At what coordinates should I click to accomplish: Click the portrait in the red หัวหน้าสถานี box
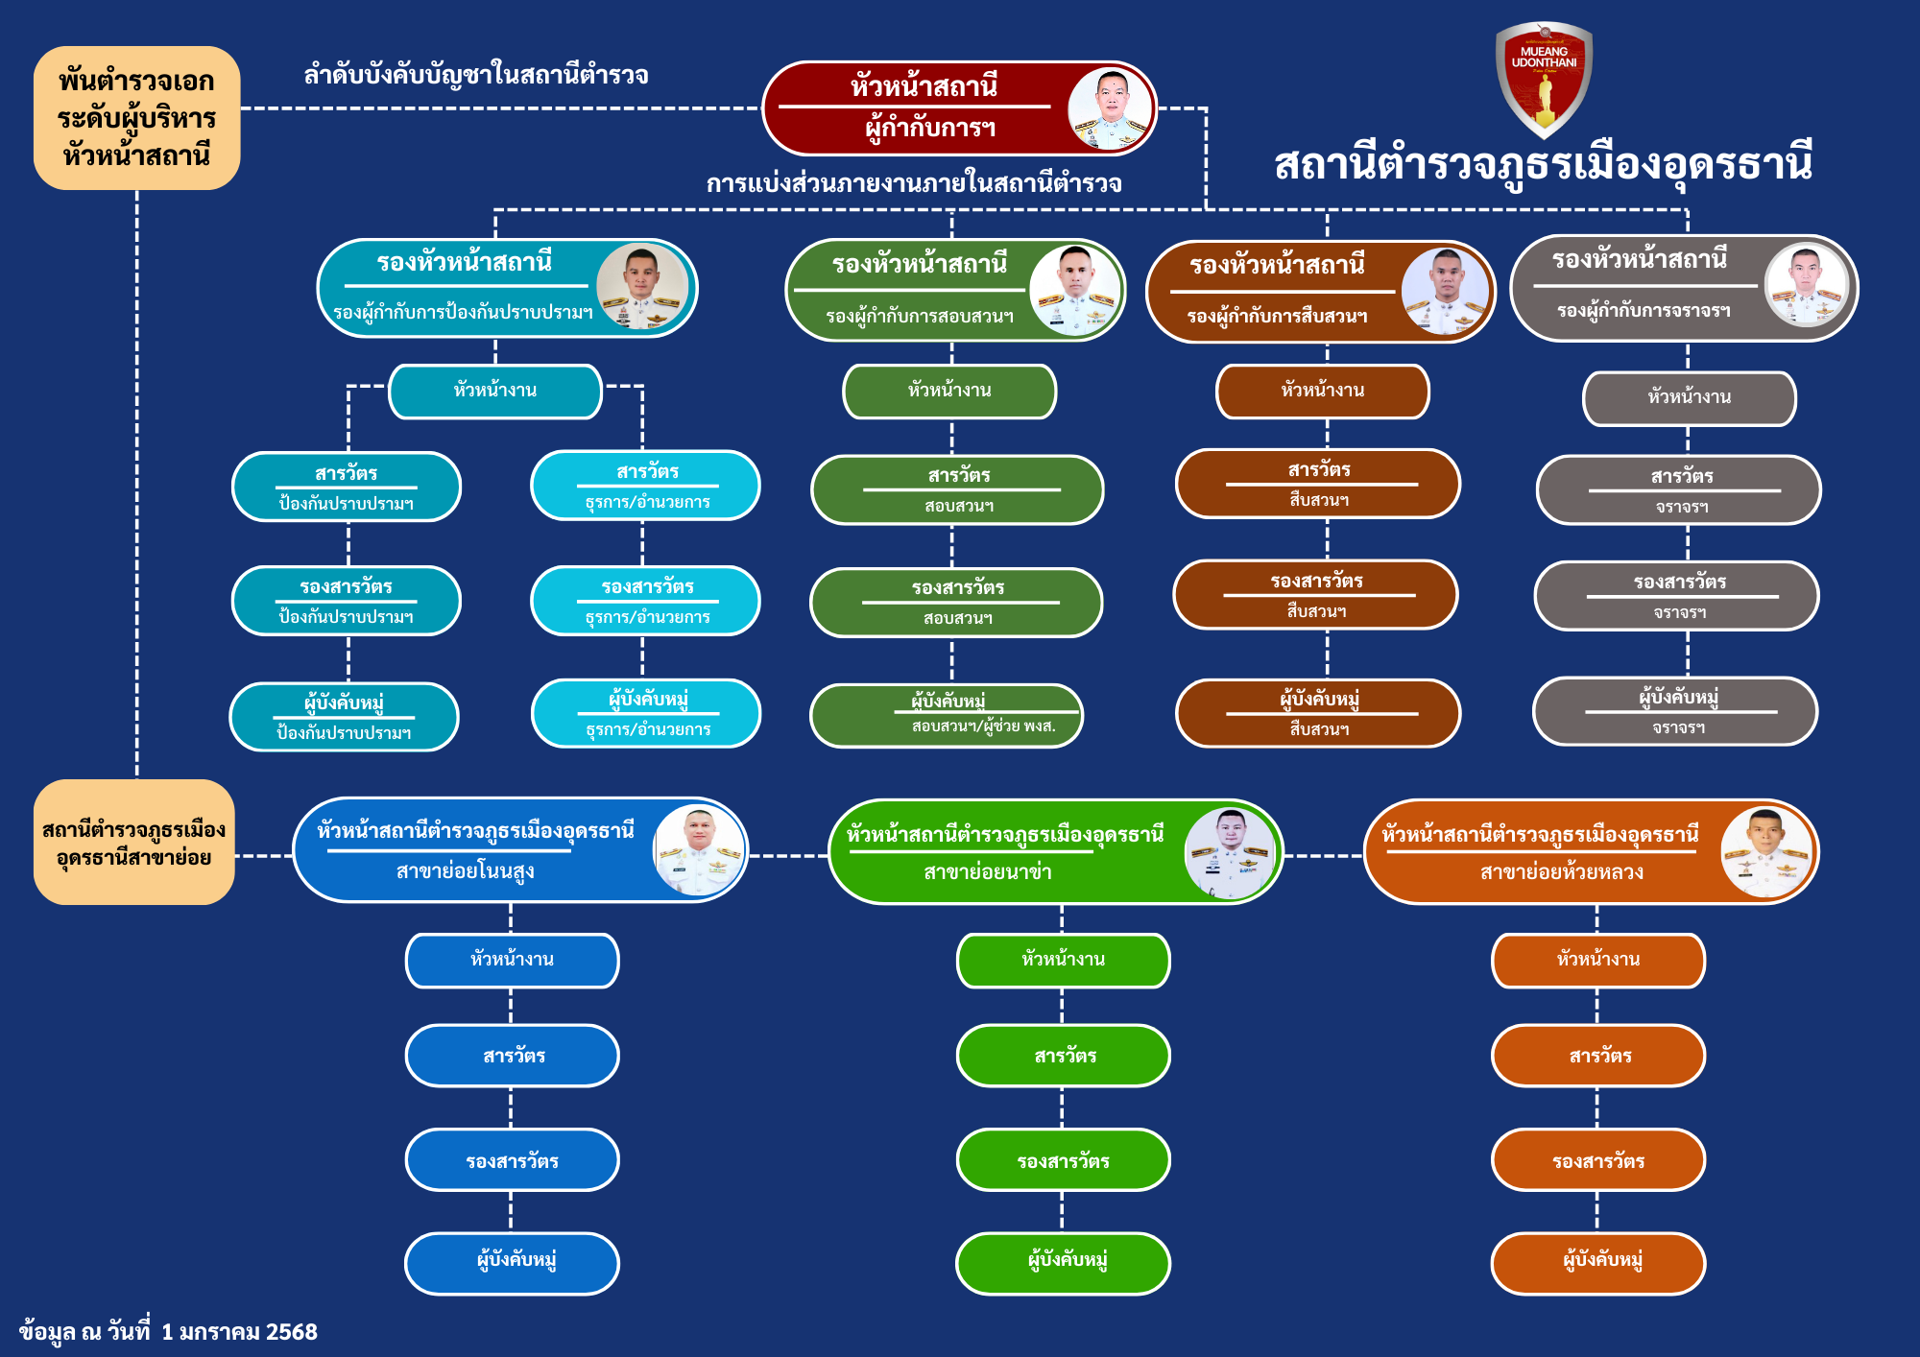click(x=1110, y=108)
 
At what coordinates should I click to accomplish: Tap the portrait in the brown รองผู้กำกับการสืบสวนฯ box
click(x=1445, y=292)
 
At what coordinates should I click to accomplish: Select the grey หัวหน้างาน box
click(x=1689, y=398)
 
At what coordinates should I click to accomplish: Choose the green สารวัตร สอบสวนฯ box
click(x=957, y=489)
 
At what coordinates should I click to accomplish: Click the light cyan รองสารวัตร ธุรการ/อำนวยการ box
click(x=645, y=601)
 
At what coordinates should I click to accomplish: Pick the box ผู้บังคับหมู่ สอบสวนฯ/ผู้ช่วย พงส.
click(x=947, y=715)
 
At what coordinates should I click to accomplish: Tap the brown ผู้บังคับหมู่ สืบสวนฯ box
click(x=1318, y=713)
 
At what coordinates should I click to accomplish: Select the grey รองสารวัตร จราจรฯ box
click(x=1677, y=596)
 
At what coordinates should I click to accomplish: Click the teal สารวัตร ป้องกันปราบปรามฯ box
click(x=346, y=488)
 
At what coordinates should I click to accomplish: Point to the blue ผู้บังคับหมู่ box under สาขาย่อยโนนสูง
click(x=512, y=1263)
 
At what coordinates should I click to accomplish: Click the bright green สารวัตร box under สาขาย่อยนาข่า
click(x=1063, y=1056)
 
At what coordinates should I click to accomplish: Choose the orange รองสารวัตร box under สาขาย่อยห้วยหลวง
click(x=1597, y=1160)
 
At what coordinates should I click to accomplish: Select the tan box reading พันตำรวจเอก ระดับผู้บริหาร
click(x=136, y=118)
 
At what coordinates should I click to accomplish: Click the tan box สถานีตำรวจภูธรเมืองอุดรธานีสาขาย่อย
click(x=134, y=843)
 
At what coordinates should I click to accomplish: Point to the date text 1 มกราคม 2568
click(x=239, y=1332)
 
